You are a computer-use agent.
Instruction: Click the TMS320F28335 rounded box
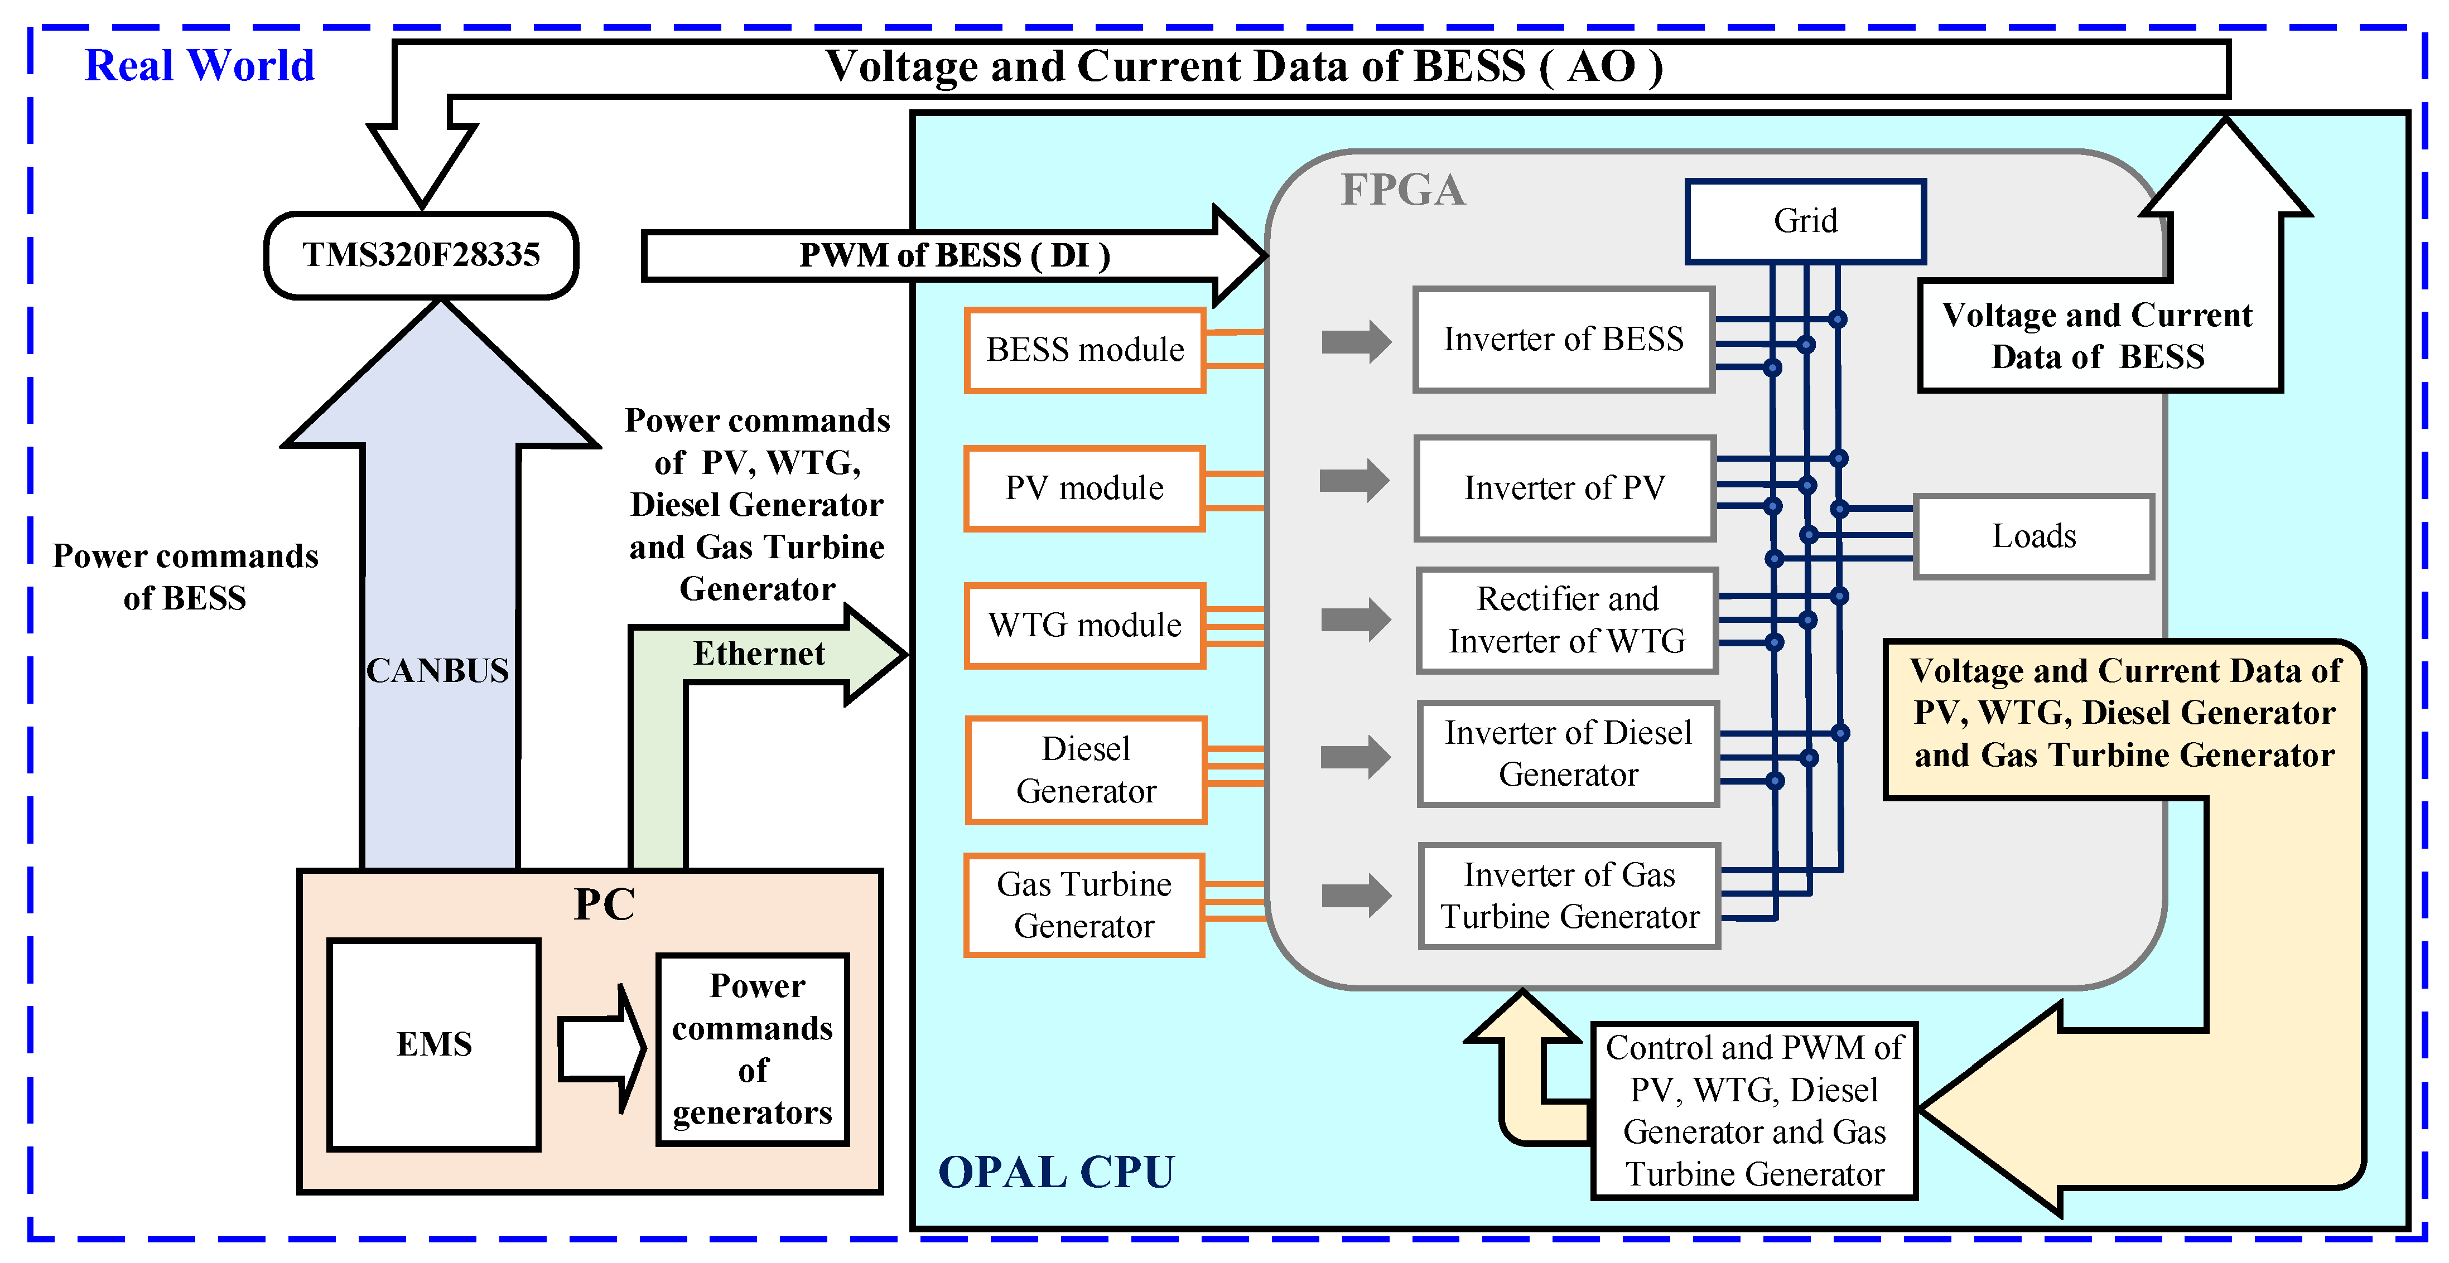pos(421,255)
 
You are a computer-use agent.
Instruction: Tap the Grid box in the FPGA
pos(1805,220)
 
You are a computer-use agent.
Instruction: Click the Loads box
pos(2033,536)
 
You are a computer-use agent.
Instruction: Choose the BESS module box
pos(1084,350)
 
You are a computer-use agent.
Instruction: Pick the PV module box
pos(1084,487)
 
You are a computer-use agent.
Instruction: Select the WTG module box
pos(1084,625)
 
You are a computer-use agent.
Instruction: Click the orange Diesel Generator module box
pos(1086,770)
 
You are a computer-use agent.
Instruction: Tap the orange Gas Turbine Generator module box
pos(1084,904)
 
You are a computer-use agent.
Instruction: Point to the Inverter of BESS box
pos(1563,339)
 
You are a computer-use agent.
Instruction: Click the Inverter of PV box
pos(1564,487)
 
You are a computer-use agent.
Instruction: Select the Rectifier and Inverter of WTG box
pos(1567,620)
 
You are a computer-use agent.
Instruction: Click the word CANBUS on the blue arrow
pos(438,670)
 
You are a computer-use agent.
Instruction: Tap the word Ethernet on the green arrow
pos(759,654)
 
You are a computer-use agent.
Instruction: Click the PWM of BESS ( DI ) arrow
pos(953,255)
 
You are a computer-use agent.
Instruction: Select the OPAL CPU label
pos(1056,1172)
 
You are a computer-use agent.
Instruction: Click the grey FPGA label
pos(1402,190)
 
